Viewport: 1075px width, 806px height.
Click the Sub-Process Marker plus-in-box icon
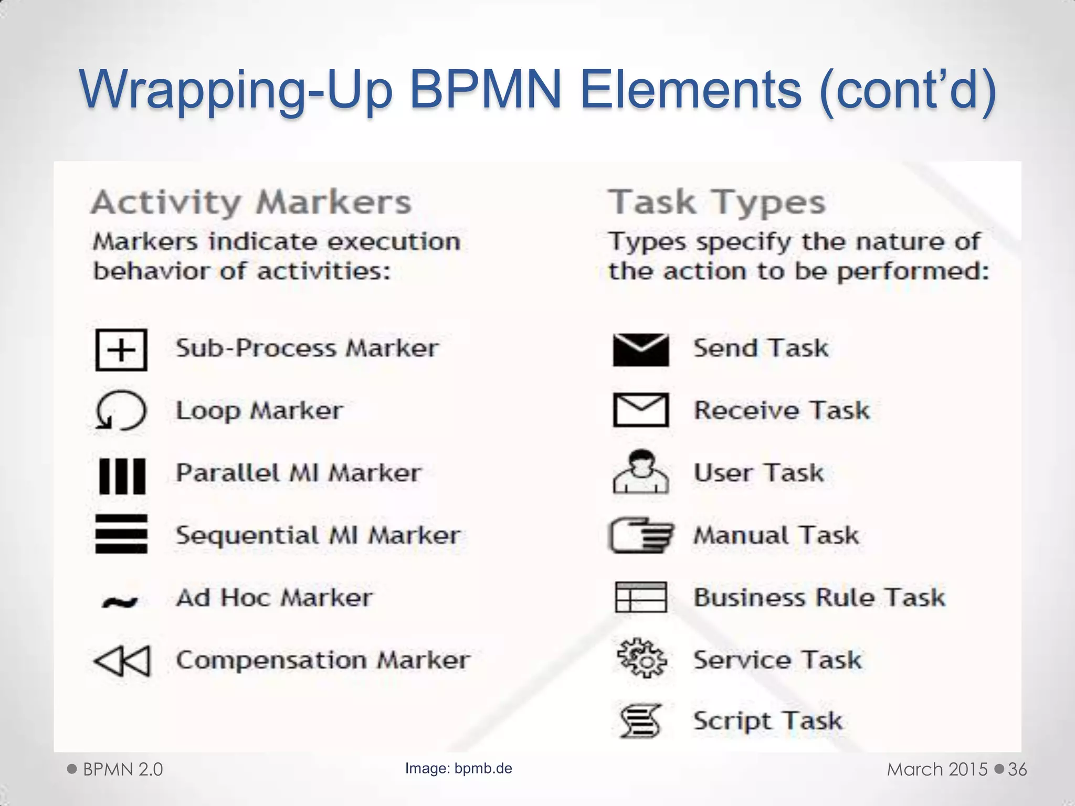[121, 350]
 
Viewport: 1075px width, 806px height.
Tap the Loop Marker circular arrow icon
[121, 410]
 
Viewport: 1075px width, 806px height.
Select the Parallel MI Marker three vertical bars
[122, 476]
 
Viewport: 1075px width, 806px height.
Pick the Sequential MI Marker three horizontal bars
[121, 534]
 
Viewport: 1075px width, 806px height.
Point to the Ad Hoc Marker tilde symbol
[120, 602]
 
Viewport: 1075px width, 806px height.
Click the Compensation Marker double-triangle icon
[122, 661]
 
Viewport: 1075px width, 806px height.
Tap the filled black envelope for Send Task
[641, 349]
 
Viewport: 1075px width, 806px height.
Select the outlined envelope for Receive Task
[641, 410]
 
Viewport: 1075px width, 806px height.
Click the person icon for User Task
[641, 472]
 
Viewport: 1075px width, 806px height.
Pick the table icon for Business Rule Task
[641, 597]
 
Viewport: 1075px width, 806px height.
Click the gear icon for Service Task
[641, 659]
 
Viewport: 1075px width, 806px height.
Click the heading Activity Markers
[251, 203]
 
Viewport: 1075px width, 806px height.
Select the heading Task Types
[716, 203]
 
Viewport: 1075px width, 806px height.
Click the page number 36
[1017, 769]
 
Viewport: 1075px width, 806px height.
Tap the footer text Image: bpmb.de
[458, 768]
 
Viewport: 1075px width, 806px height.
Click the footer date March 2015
[937, 769]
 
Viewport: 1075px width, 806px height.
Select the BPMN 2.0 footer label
[123, 769]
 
